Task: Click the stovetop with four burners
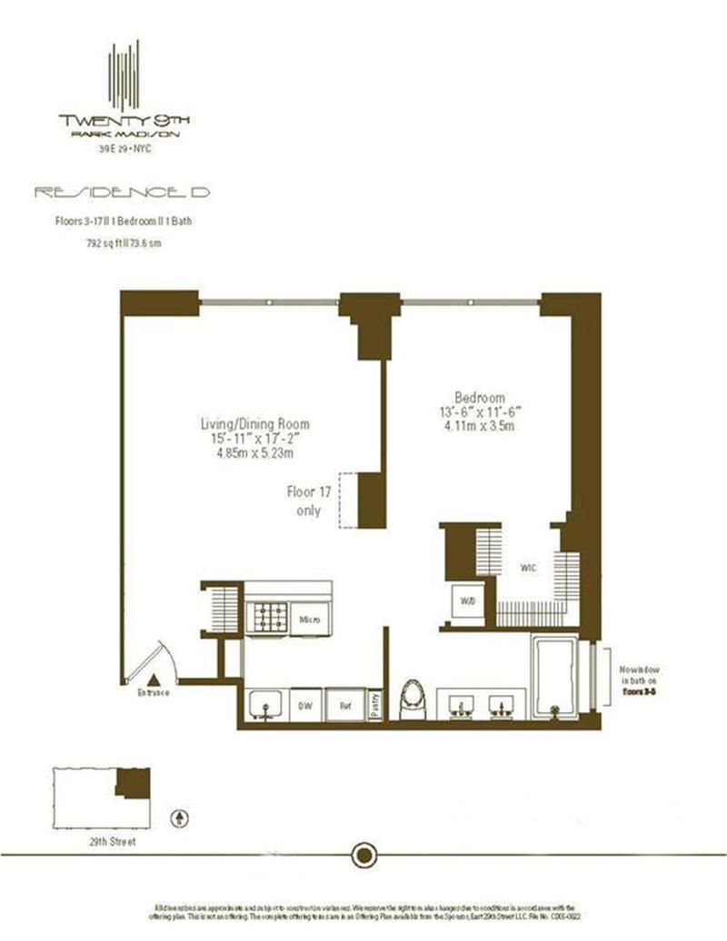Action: [271, 618]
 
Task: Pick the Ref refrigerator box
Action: [345, 703]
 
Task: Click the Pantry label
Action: [376, 705]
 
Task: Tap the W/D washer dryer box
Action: [467, 600]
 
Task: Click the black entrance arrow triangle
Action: [154, 678]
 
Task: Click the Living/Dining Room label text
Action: [255, 423]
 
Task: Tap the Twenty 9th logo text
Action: [124, 119]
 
